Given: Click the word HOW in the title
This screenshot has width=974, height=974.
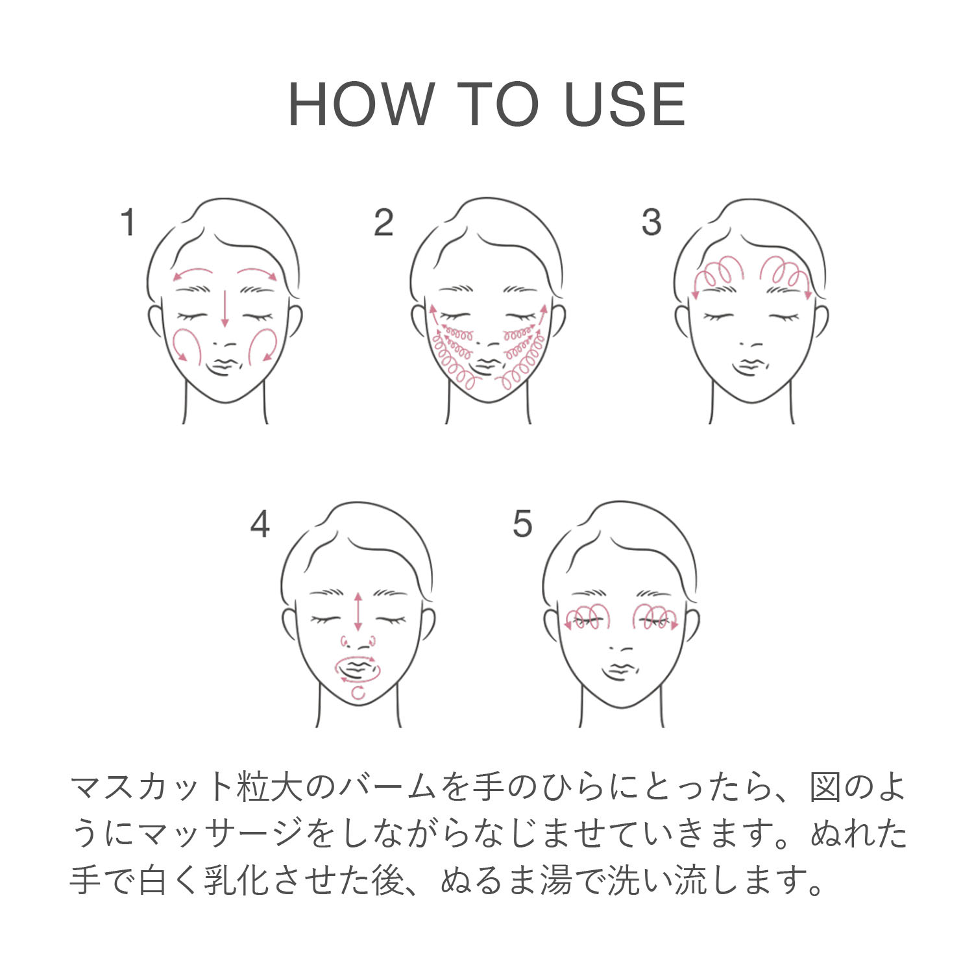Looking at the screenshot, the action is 361,104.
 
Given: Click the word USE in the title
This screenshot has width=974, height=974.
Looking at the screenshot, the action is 625,104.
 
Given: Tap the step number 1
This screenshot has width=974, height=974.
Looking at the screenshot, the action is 128,222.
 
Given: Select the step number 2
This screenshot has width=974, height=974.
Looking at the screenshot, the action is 384,222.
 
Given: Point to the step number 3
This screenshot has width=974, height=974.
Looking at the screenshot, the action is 651,222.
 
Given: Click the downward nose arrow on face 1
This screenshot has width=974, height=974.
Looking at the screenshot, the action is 225,308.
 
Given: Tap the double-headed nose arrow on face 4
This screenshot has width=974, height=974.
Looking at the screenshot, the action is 358,611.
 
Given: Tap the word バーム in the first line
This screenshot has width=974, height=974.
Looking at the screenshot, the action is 387,787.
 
